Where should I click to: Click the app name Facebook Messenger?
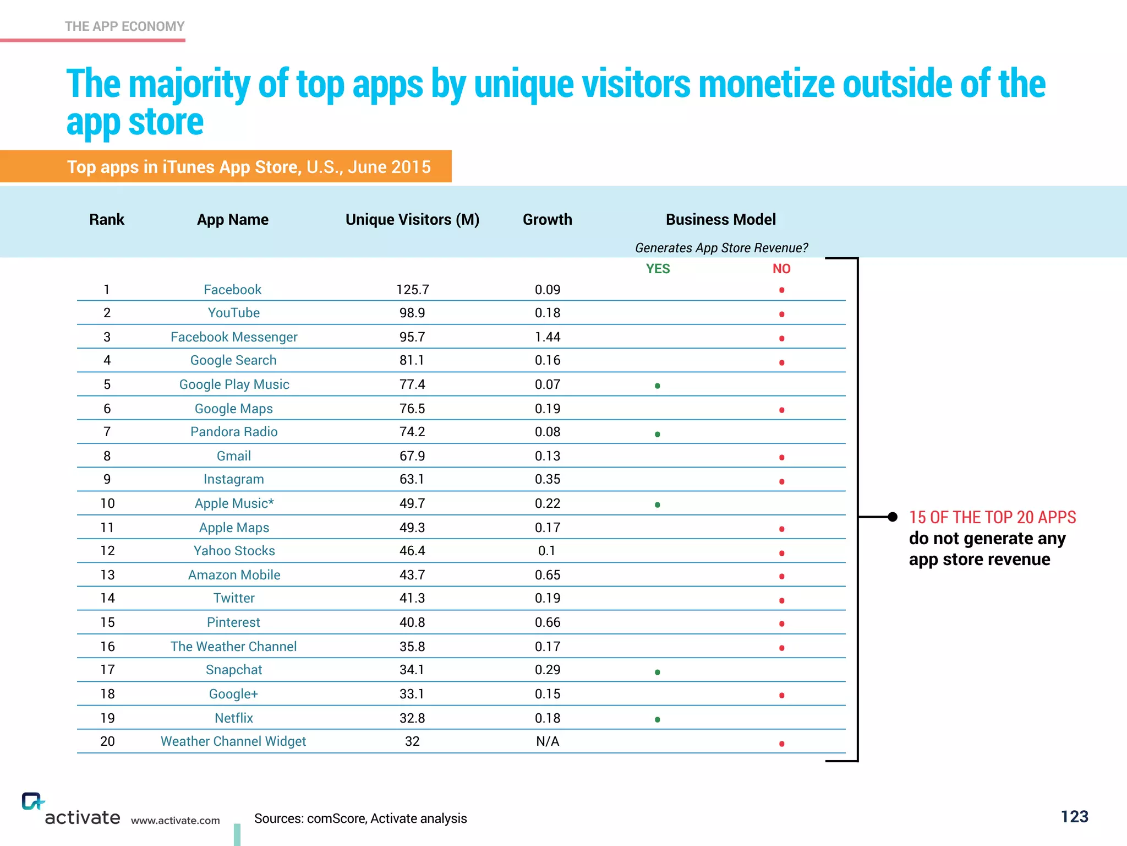coord(234,337)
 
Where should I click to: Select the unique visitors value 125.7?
coord(412,290)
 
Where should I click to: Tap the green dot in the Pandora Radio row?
coord(658,434)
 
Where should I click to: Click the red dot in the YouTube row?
coord(781,314)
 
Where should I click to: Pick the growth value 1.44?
coord(548,337)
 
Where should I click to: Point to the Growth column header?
coord(548,220)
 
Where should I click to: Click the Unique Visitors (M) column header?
coord(412,220)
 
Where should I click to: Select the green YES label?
coord(658,269)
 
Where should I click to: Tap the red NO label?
coord(781,269)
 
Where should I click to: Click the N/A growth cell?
coord(548,741)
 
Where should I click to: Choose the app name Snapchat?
coord(234,670)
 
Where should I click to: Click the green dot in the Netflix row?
coord(658,719)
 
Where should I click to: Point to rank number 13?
coord(107,575)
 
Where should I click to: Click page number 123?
coord(1074,816)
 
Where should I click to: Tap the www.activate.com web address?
coord(175,821)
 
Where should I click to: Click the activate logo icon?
coord(32,801)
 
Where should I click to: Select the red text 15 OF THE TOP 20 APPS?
coord(992,517)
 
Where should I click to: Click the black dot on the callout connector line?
coord(893,517)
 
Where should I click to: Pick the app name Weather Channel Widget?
coord(233,741)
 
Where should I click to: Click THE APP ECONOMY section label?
coord(124,26)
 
